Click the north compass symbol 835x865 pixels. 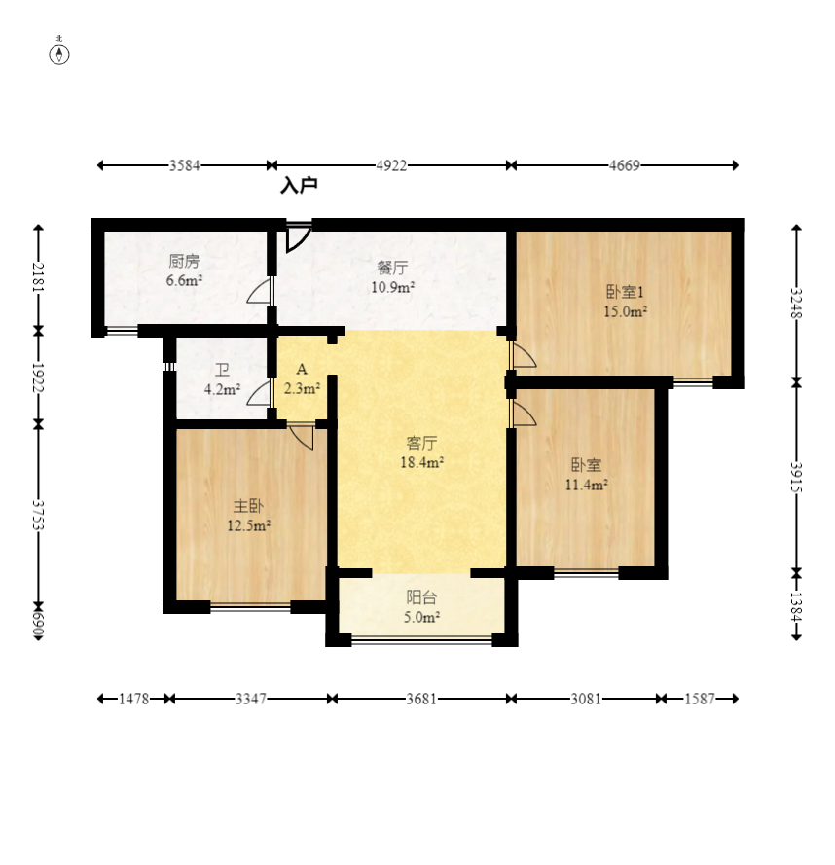click(59, 54)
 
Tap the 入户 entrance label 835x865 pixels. click(299, 185)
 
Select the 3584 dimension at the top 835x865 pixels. click(184, 165)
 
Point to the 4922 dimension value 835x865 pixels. click(391, 165)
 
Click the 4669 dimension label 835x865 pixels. click(624, 165)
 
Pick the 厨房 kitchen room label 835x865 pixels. click(184, 261)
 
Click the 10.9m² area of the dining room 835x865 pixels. click(392, 287)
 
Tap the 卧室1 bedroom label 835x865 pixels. click(625, 292)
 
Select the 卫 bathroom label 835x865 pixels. click(222, 370)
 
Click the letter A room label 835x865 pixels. click(302, 369)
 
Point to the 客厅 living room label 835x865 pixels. click(421, 443)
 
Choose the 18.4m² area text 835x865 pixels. click(422, 462)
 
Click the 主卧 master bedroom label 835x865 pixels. click(248, 505)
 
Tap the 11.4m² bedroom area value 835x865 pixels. click(587, 485)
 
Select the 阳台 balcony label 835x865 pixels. click(421, 596)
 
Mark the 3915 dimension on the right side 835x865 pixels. click(796, 477)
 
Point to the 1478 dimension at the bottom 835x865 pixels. click(134, 699)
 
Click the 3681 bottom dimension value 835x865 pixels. click(421, 699)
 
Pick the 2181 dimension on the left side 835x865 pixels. click(39, 276)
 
